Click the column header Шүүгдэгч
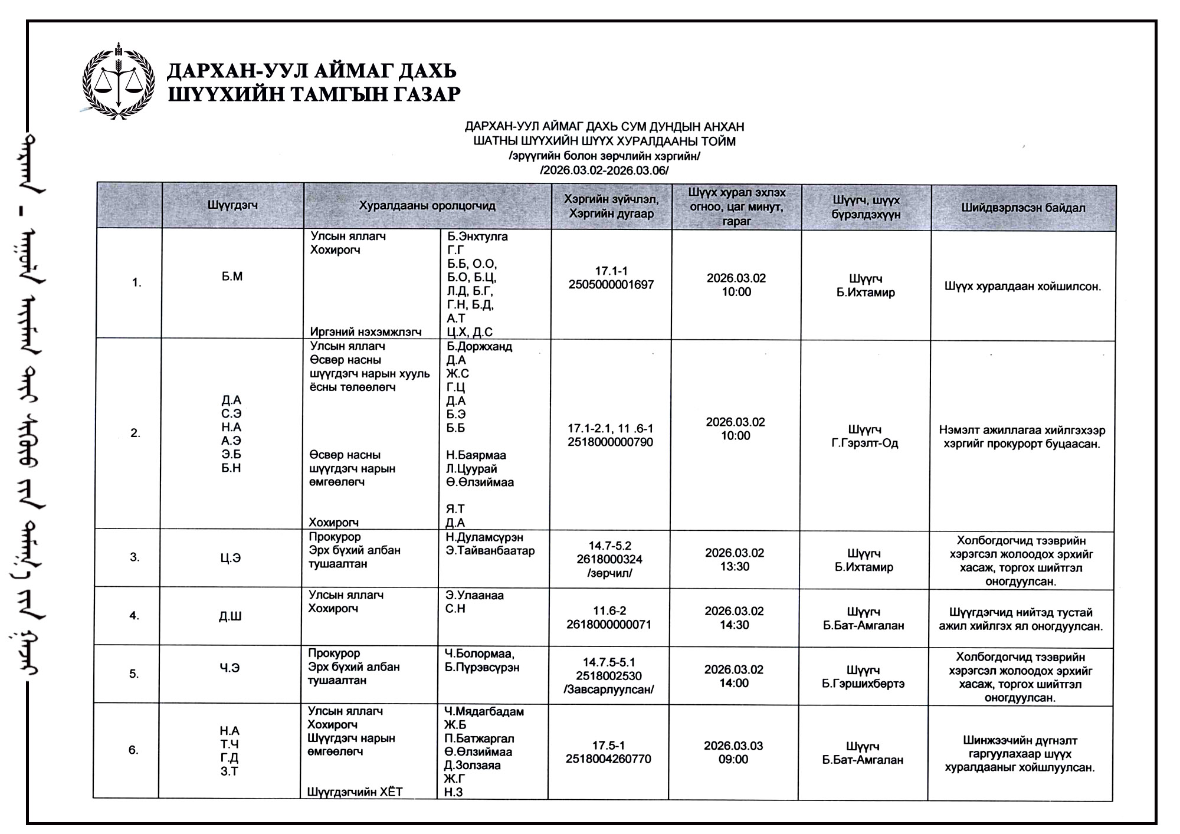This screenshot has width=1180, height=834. click(232, 205)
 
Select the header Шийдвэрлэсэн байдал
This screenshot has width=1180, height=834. click(1023, 208)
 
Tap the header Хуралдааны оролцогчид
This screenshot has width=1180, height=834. click(427, 206)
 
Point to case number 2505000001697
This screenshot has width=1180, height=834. click(611, 285)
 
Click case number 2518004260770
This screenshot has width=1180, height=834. click(608, 759)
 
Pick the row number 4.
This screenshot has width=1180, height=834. click(134, 616)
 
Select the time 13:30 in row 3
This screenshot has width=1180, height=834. click(735, 567)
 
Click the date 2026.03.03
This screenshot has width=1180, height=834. click(733, 746)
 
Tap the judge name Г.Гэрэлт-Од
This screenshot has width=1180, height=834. click(864, 443)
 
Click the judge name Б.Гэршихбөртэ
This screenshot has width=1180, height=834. click(863, 684)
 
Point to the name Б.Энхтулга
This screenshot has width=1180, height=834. click(477, 237)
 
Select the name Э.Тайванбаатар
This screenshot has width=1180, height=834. click(490, 551)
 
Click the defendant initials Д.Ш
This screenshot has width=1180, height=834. click(230, 616)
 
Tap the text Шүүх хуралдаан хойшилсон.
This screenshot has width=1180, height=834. click(1022, 287)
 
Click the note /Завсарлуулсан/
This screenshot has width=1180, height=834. click(609, 689)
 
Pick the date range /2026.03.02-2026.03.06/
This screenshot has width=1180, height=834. click(604, 170)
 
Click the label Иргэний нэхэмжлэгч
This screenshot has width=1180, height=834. click(366, 332)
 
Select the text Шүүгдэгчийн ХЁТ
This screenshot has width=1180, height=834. click(355, 792)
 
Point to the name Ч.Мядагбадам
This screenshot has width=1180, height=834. click(484, 711)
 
